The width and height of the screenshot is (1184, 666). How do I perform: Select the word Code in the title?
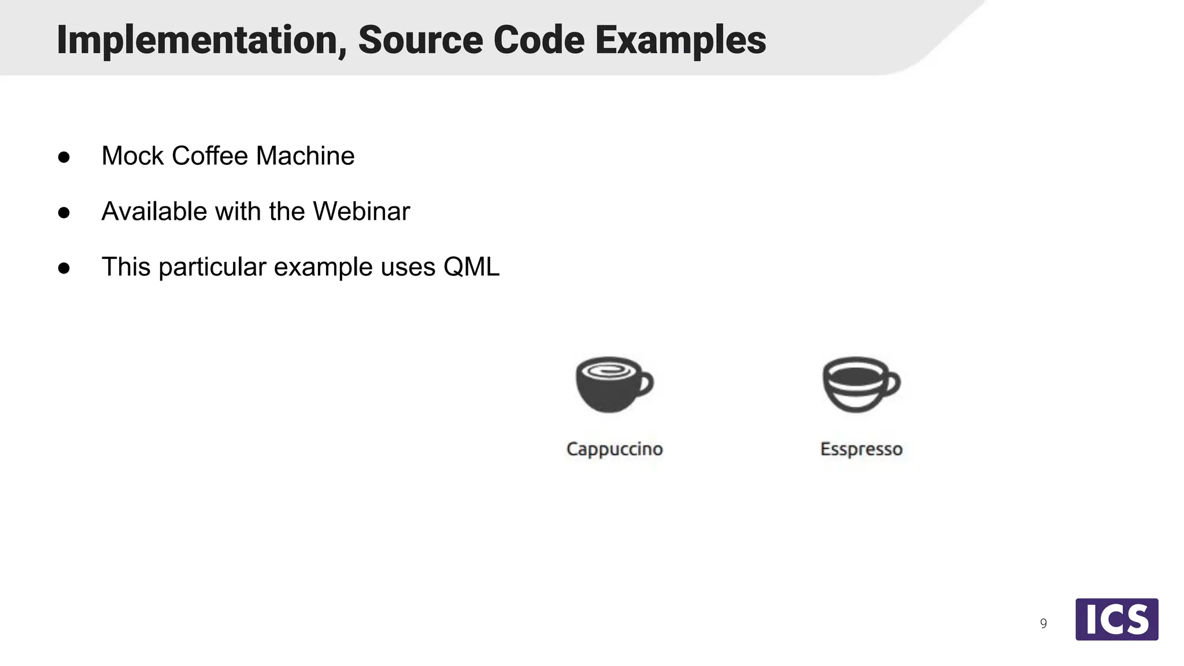538,40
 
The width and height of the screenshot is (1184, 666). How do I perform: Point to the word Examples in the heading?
680,40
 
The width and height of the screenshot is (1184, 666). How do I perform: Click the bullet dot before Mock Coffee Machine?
64,157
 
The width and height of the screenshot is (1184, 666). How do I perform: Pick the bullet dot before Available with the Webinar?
64,213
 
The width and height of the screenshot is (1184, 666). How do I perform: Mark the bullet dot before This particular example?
64,268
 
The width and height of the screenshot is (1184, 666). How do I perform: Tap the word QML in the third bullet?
471,267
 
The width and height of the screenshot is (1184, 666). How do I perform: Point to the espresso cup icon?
861,384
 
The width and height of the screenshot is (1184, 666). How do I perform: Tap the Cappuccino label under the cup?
615,449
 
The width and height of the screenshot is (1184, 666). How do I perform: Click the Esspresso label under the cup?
861,449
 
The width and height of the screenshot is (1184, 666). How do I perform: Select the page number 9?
1044,624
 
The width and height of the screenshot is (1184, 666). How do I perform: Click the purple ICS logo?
1116,619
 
